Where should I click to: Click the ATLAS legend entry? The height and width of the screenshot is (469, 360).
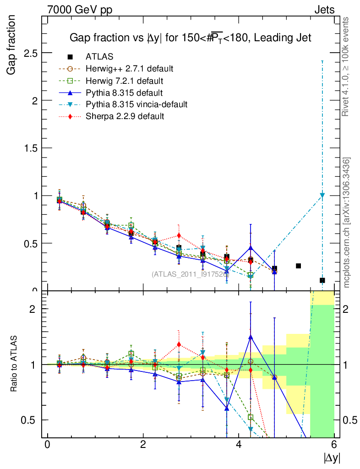99,57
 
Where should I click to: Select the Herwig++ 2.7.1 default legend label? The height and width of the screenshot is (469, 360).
129,69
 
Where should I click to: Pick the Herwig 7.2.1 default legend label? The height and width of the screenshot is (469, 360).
124,81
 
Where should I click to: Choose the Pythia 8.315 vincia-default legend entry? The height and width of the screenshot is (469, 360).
136,104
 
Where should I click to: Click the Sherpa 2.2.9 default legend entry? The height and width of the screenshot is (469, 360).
125,116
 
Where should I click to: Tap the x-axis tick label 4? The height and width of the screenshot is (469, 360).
239,445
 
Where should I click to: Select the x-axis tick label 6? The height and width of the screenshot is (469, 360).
334,445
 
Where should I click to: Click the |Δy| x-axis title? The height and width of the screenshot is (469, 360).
332,458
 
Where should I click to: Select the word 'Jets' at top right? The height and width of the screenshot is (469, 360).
324,10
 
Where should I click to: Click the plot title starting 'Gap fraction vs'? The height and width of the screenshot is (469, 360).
190,38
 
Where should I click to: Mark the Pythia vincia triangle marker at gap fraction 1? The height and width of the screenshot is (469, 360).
322,196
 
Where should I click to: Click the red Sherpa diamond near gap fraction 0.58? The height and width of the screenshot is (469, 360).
179,236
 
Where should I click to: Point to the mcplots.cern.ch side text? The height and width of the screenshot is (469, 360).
347,223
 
